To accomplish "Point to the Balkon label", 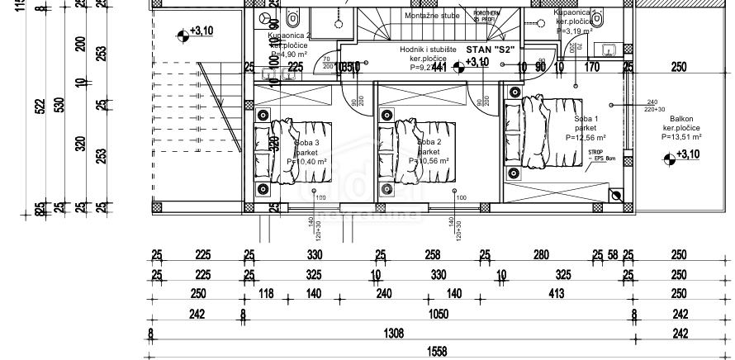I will (x=681, y=119).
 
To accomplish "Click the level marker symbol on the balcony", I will (x=669, y=157).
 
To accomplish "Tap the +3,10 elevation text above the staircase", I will (x=201, y=31).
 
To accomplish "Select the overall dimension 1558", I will (x=436, y=352).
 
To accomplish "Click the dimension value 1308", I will (x=395, y=333).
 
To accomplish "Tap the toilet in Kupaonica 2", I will (x=292, y=17).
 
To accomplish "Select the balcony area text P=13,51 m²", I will (x=681, y=138).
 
